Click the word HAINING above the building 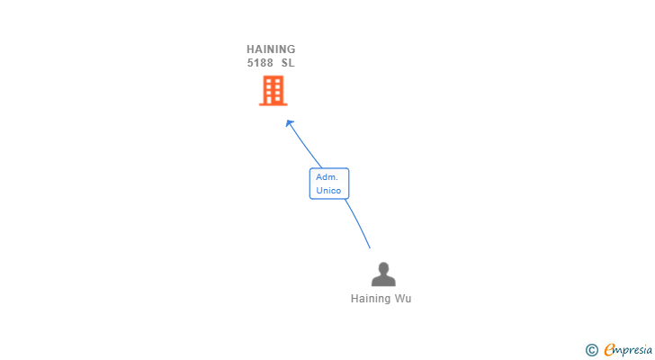tap(271, 49)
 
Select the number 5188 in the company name tap(260, 63)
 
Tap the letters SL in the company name tap(287, 63)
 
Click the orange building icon tap(273, 90)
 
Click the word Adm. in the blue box tap(327, 177)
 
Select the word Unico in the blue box tap(328, 191)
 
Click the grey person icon tap(383, 274)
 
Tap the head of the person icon tap(383, 267)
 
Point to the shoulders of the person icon tap(383, 281)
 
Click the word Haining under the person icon tap(371, 299)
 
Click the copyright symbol tap(591, 350)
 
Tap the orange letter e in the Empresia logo tap(609, 350)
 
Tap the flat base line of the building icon tap(273, 104)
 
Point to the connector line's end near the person tap(369, 247)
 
